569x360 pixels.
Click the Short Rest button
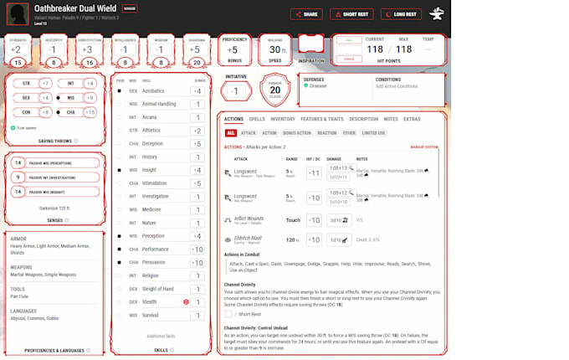coord(351,14)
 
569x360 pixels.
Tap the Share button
coord(306,14)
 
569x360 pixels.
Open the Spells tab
coord(257,119)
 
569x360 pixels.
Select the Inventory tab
coord(283,119)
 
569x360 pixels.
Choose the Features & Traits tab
coord(322,119)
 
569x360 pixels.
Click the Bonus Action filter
coord(297,133)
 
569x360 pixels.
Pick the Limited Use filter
coord(374,133)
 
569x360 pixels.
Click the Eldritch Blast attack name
coord(248,239)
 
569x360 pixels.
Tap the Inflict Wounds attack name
coord(249,219)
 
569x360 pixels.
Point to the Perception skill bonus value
coord(197,236)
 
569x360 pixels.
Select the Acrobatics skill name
coord(153,90)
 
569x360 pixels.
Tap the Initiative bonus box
coord(237,91)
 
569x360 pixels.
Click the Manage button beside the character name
coord(129,8)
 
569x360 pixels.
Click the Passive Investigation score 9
coord(18,177)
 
